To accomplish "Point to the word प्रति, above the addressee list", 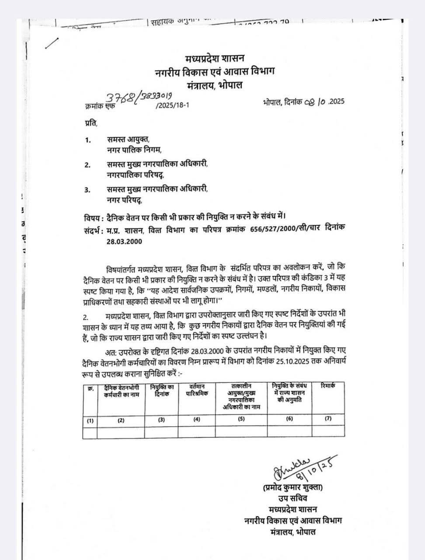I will tap(91, 123).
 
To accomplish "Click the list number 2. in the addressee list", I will tap(87, 165).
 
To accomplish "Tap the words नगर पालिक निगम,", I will tap(134, 150).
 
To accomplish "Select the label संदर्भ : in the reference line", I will tap(94, 230).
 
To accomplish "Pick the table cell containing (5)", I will tap(241, 419).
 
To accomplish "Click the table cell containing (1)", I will tap(90, 420).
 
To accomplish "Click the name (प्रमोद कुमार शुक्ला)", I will tap(293, 487).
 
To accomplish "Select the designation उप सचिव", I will tap(292, 498).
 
